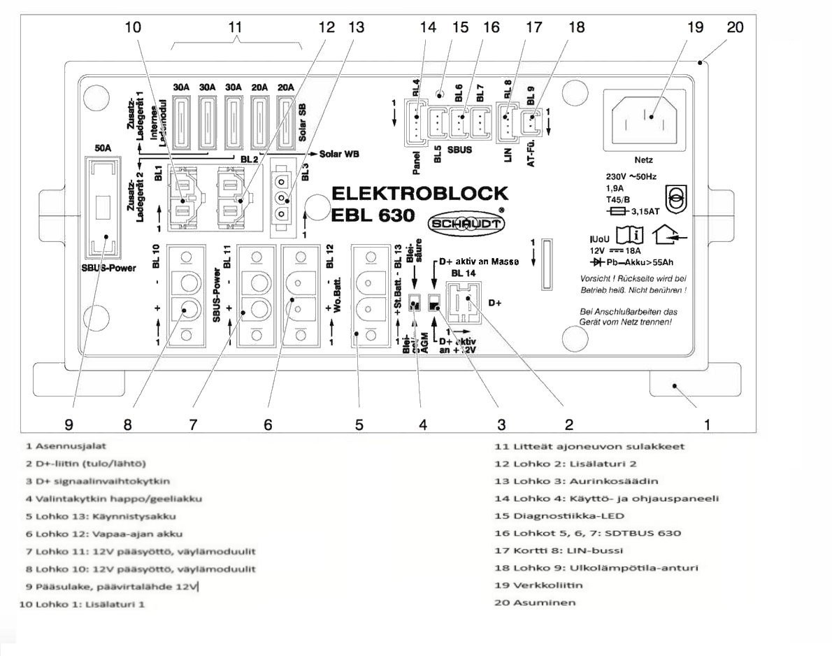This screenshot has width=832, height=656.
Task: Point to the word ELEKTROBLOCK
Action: click(x=419, y=193)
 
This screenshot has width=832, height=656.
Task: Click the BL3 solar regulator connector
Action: click(x=283, y=196)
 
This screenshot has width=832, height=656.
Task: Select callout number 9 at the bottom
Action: click(x=69, y=424)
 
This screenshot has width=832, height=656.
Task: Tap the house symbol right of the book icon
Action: click(x=668, y=238)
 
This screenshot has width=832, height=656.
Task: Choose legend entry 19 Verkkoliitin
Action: click(x=538, y=585)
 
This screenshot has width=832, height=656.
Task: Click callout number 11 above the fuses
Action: click(x=236, y=27)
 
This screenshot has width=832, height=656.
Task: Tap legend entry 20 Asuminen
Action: click(x=535, y=602)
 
